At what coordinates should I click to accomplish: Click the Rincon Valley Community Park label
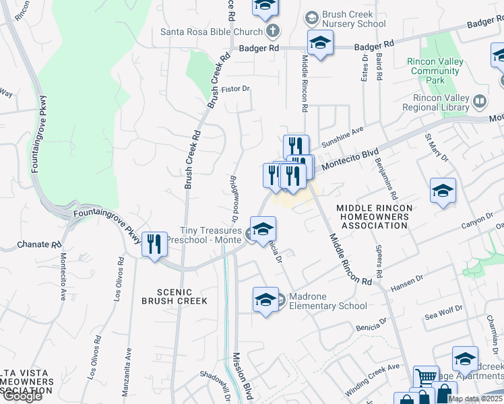435,71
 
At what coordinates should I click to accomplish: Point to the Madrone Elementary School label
328,301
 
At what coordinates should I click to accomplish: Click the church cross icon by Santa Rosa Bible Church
272,31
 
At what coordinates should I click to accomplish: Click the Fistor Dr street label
236,88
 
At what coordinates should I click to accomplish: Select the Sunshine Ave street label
342,138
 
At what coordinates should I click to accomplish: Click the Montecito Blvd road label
346,158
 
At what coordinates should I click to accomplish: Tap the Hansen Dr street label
406,282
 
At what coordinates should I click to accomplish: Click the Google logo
22,395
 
